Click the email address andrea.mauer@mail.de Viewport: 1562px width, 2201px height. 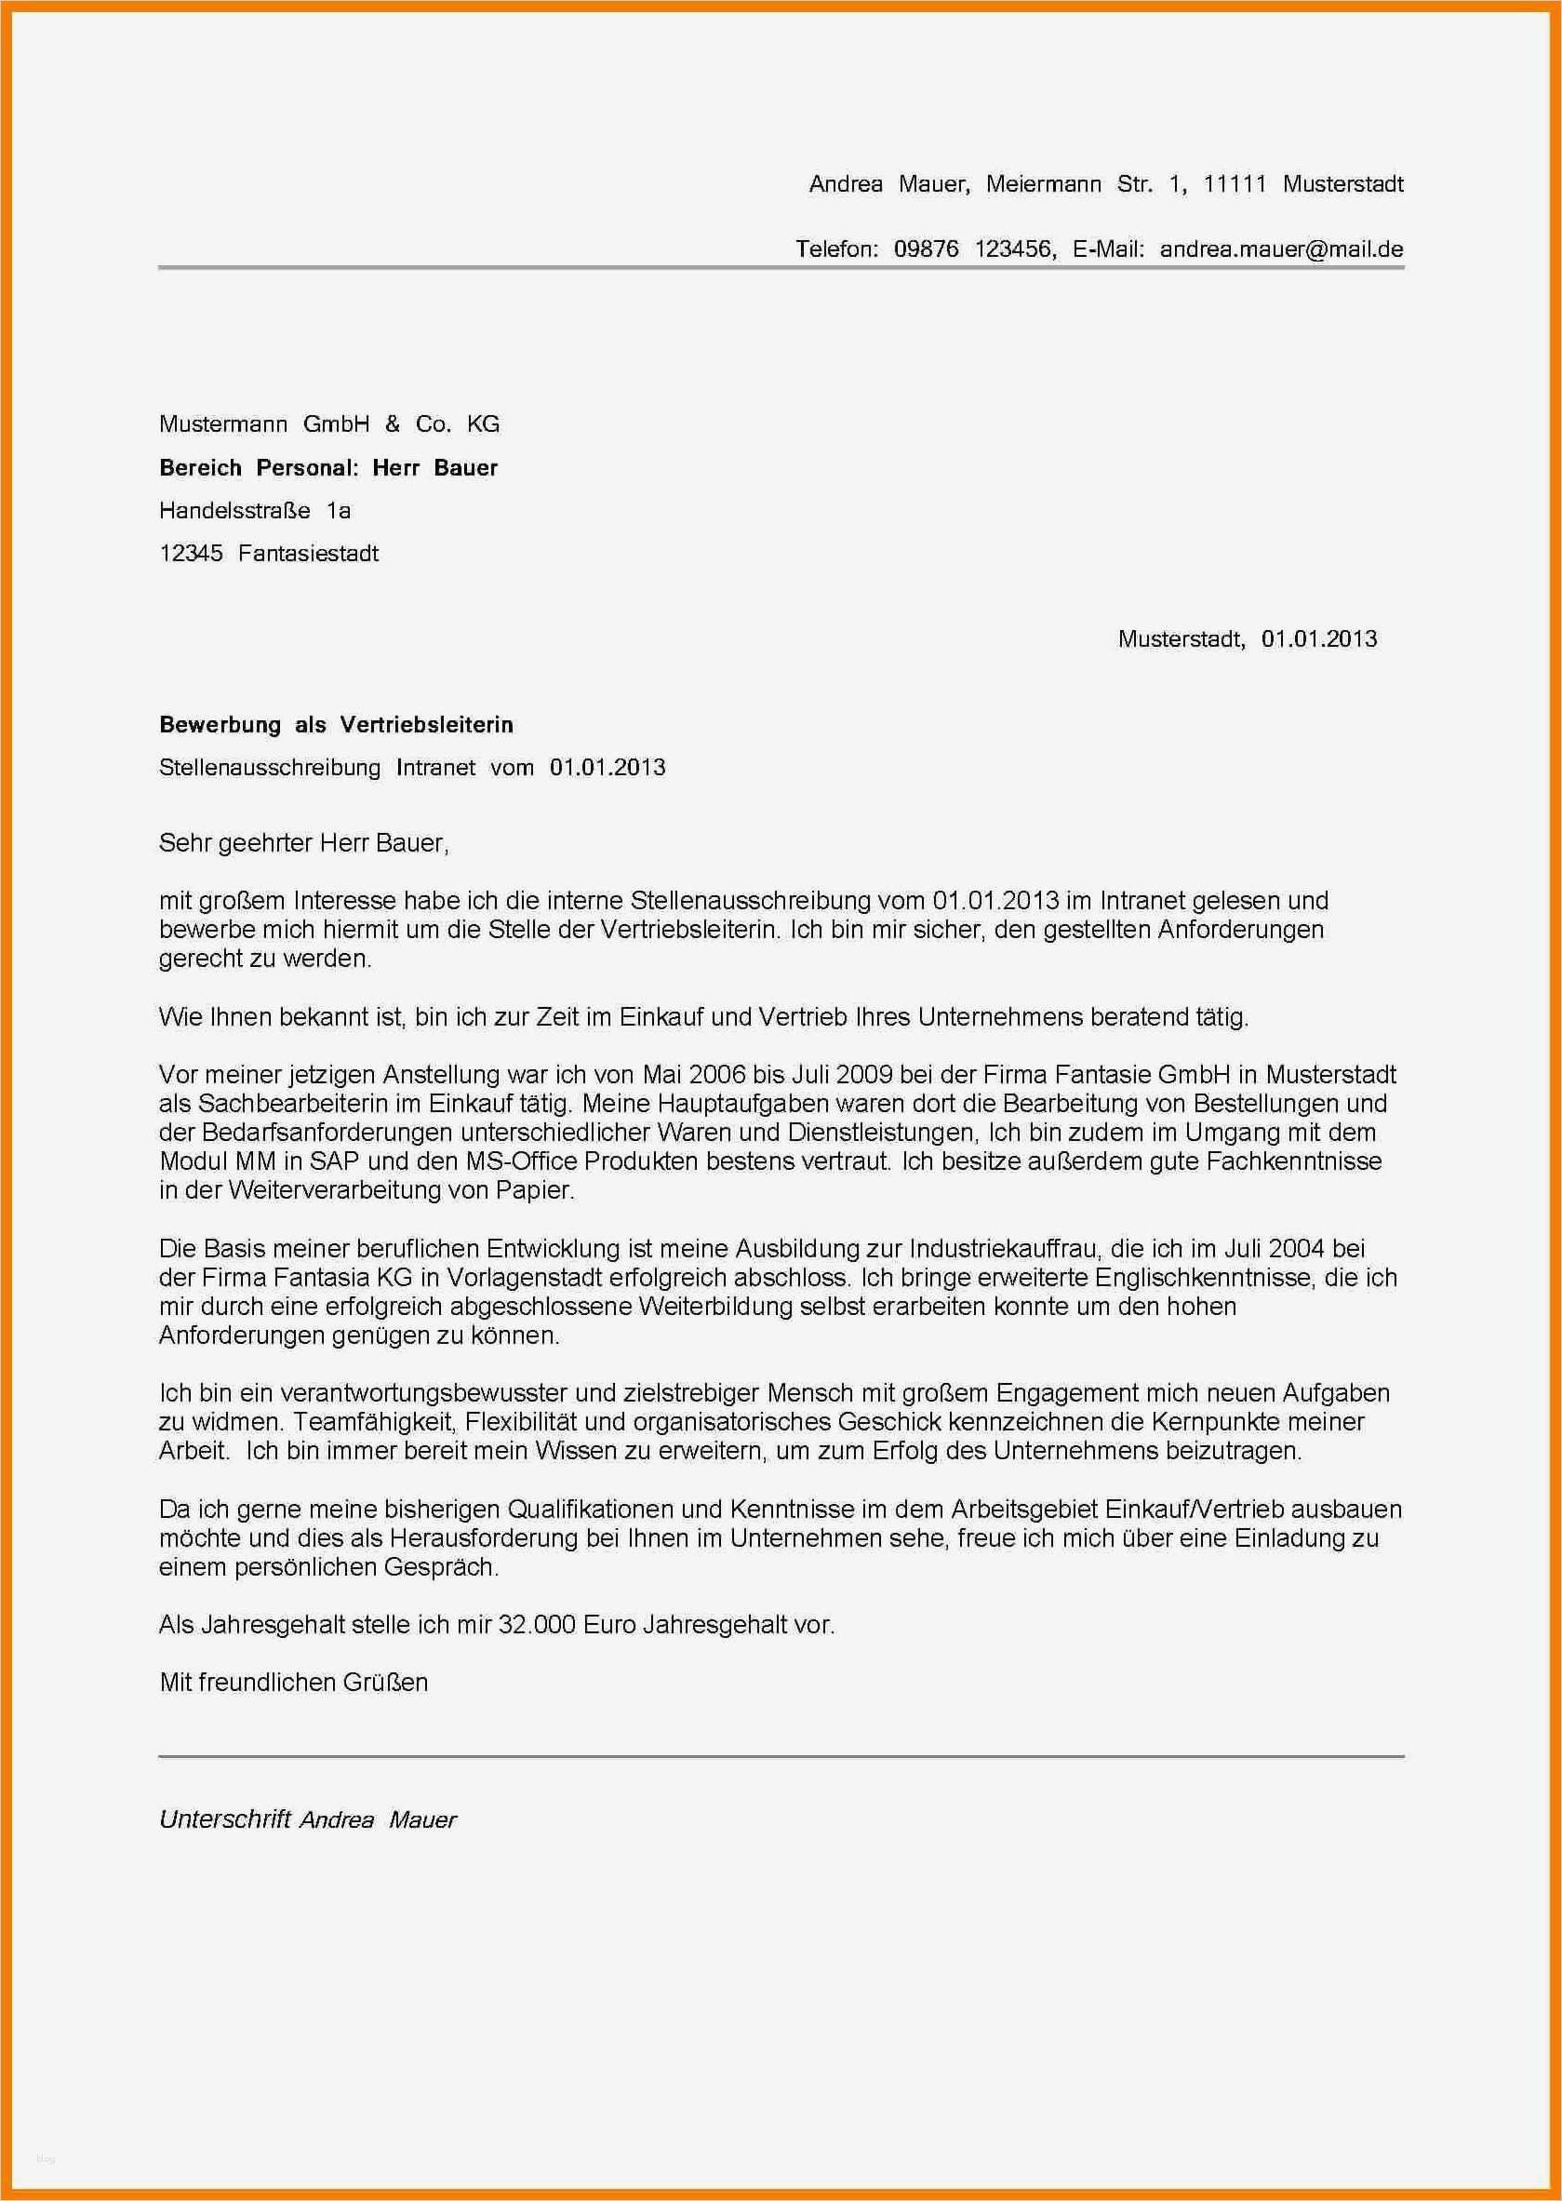[1281, 249]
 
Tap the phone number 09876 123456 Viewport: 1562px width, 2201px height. [974, 249]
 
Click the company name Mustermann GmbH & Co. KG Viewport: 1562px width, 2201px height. [329, 424]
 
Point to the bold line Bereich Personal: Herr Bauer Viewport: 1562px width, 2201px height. [328, 467]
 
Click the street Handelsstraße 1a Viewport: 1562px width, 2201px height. [255, 511]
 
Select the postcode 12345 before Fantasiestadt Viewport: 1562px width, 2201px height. [191, 553]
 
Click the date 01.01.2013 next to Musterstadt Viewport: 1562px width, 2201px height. [1318, 638]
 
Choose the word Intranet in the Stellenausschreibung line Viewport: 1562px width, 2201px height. [435, 768]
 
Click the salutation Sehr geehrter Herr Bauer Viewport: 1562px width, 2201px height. [304, 844]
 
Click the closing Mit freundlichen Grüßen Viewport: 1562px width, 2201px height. [293, 1683]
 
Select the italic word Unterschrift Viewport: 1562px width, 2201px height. [225, 1820]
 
